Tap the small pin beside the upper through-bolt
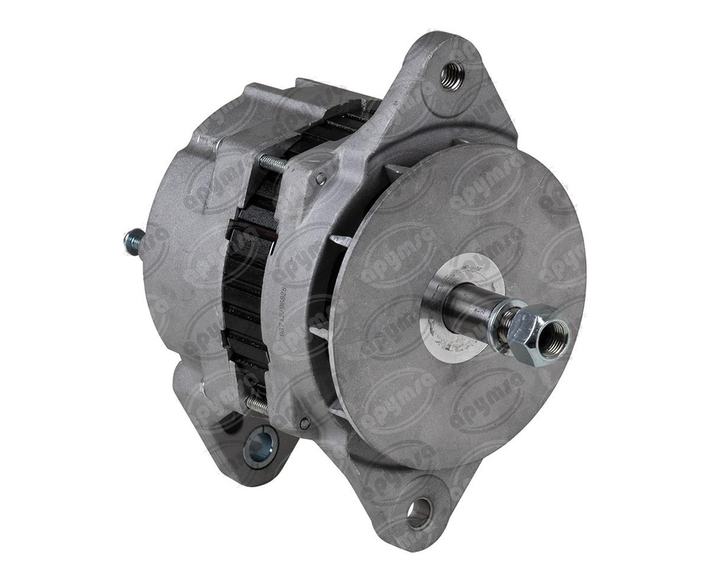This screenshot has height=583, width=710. coord(320,179)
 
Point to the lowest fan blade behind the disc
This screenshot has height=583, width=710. coord(340,409)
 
